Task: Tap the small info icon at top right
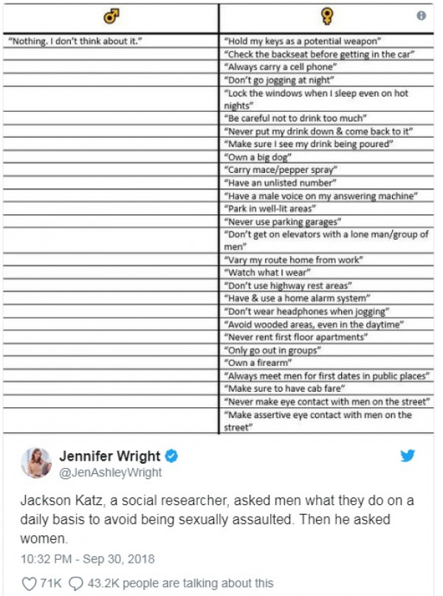point(421,15)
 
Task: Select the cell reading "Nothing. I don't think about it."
point(74,40)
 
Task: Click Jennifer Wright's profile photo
point(36,463)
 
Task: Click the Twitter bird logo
point(407,456)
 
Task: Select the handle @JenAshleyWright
point(110,473)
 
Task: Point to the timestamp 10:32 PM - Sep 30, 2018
point(88,558)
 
